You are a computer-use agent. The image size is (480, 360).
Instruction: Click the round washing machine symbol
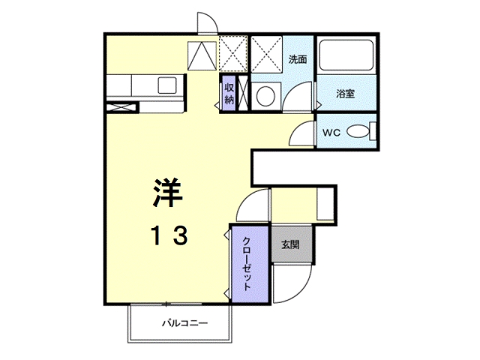[x=265, y=95]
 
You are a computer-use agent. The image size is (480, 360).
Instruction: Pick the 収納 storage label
[x=229, y=94]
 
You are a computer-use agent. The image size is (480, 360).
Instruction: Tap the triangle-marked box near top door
[x=200, y=55]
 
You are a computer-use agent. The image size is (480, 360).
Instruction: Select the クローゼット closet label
[x=247, y=264]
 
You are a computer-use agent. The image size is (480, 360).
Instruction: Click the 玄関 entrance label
[x=291, y=244]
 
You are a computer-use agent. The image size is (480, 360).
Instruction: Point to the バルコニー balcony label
[x=184, y=324]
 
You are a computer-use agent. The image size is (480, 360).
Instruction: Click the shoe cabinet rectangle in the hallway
[x=325, y=204]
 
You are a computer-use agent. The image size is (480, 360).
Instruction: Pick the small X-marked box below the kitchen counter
[x=119, y=107]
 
